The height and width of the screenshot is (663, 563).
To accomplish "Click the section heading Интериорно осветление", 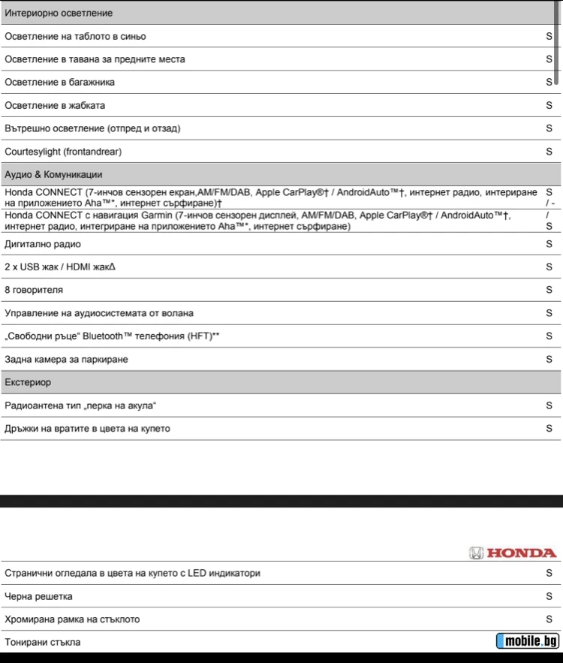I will (59, 14).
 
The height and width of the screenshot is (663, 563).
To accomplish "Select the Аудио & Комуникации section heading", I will (53, 174).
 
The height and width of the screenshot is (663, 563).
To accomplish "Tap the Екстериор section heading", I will (28, 382).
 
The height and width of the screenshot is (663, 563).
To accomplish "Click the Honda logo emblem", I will (476, 553).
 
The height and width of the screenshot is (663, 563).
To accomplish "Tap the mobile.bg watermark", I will (528, 640).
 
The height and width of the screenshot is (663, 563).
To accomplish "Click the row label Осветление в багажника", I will (59, 83).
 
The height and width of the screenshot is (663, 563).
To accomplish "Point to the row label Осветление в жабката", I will (55, 106).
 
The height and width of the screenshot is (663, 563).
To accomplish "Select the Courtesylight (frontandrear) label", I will (63, 152).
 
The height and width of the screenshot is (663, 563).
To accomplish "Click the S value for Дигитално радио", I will (549, 244).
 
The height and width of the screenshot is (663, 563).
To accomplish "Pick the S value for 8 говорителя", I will (549, 290).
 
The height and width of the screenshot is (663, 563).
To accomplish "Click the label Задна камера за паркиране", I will (66, 360).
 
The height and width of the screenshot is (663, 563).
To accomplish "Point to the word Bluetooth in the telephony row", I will (132, 336).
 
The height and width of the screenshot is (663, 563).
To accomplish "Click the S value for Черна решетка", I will (549, 597).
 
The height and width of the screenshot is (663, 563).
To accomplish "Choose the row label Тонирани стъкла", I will (43, 643).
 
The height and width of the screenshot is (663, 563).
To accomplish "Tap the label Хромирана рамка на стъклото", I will (72, 619).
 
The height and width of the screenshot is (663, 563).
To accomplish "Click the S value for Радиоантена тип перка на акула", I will (549, 405).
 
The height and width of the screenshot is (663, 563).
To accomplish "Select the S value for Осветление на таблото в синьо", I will (549, 36).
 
